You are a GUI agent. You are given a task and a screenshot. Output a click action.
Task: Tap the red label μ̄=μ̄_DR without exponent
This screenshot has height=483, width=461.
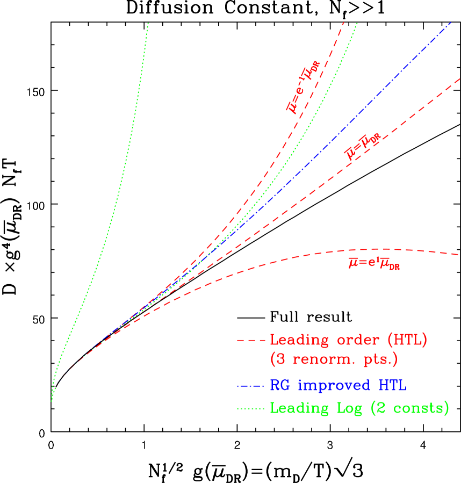pos(363,147)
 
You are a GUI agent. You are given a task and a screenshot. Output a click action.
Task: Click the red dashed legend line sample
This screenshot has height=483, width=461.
pos(251,341)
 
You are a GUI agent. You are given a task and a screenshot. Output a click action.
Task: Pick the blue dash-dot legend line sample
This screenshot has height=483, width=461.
pos(251,386)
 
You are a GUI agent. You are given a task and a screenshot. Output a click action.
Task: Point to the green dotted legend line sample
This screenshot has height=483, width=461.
pos(251,408)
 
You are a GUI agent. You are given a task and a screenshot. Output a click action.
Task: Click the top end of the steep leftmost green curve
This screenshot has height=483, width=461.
pos(148,23)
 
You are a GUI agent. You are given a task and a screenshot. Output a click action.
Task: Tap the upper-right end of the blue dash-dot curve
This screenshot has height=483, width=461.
pos(451,23)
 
